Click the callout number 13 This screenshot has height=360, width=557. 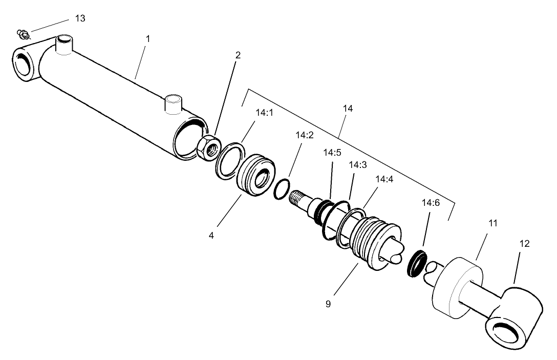(80, 18)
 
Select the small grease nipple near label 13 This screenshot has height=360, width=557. (22, 34)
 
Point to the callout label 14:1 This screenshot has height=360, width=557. (264, 112)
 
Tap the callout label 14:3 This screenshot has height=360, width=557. (357, 165)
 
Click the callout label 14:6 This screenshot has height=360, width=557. (430, 203)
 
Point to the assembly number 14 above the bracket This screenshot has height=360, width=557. (349, 109)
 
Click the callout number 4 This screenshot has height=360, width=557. (210, 236)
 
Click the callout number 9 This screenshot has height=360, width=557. (328, 304)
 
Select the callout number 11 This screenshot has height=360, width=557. (492, 223)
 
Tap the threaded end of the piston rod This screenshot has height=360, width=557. (299, 197)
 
